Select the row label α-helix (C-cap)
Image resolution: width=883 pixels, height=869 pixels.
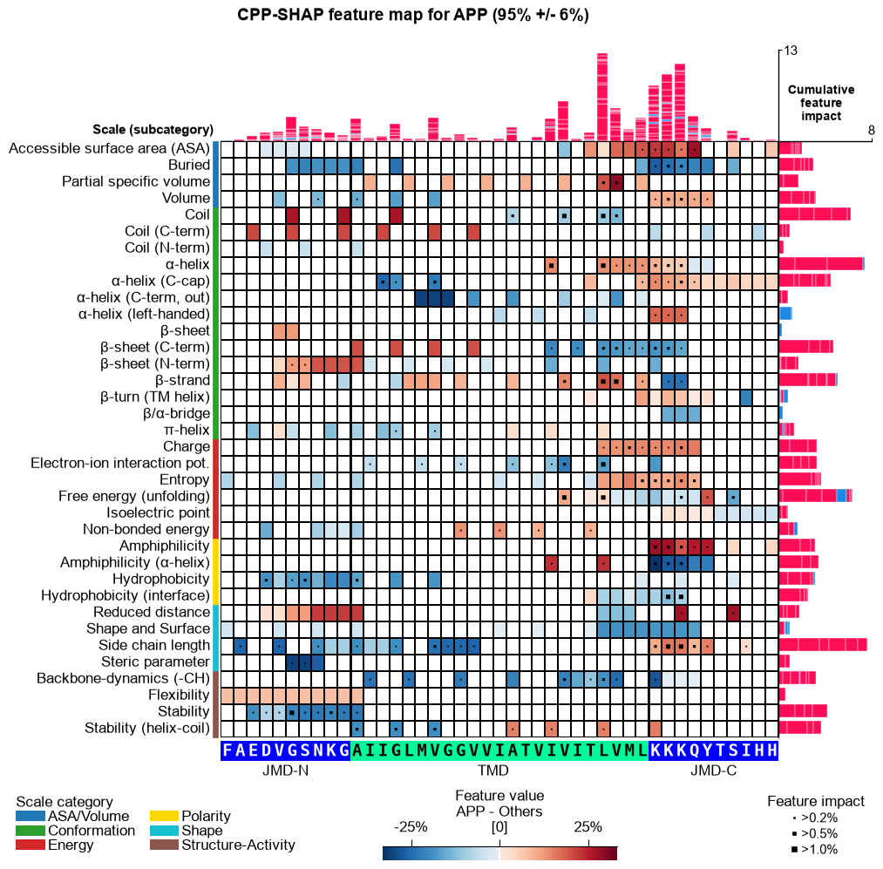pyautogui.click(x=160, y=281)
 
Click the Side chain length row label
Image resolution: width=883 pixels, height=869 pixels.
pyautogui.click(x=153, y=645)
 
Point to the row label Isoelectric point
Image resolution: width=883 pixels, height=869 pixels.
pyautogui.click(x=158, y=513)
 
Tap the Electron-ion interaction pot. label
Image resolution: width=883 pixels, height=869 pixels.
pyautogui.click(x=120, y=463)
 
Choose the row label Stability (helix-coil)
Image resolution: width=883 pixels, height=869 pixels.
pyautogui.click(x=147, y=728)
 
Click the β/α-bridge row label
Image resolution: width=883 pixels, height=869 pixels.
pyautogui.click(x=176, y=413)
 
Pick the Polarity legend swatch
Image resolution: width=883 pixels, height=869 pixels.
pyautogui.click(x=164, y=816)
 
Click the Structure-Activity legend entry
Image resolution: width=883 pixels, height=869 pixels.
pyautogui.click(x=223, y=845)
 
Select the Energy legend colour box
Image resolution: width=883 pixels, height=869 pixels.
pyautogui.click(x=31, y=845)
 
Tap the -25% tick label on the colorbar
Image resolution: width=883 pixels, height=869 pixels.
pyautogui.click(x=411, y=827)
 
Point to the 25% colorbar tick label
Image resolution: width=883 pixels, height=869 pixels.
pyautogui.click(x=588, y=827)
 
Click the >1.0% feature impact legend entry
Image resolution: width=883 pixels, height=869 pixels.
pyautogui.click(x=814, y=849)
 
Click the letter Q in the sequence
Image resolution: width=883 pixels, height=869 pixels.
pyautogui.click(x=694, y=750)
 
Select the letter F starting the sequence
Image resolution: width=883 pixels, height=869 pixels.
pyautogui.click(x=227, y=750)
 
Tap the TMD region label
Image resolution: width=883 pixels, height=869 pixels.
pyautogui.click(x=492, y=771)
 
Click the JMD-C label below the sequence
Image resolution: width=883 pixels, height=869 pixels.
pyautogui.click(x=714, y=771)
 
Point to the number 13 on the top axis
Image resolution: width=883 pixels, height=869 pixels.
pyautogui.click(x=791, y=51)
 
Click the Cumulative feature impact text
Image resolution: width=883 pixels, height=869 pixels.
pyautogui.click(x=821, y=103)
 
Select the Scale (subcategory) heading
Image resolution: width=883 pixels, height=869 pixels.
pyautogui.click(x=153, y=130)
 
